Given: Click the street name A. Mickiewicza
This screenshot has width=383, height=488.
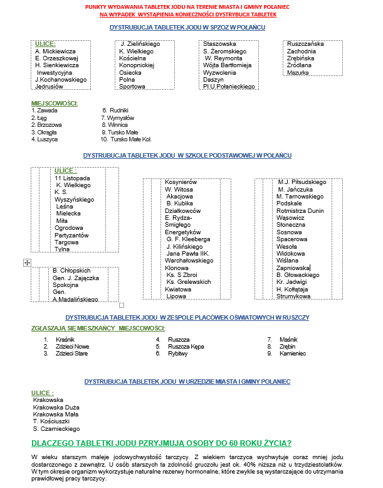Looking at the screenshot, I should (55, 51).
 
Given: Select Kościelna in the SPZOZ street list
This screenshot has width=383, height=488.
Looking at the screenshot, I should (132, 58).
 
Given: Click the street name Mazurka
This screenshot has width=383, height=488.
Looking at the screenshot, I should (298, 72).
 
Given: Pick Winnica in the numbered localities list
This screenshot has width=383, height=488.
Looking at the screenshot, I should (117, 125).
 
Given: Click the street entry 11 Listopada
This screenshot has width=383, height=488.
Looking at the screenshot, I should (72, 178).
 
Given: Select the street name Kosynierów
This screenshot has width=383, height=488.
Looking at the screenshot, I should (181, 182).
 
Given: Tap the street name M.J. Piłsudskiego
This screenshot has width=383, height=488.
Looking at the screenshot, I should (302, 182).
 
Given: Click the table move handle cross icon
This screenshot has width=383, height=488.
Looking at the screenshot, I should (27, 263).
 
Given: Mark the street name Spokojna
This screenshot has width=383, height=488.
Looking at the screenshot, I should (66, 285).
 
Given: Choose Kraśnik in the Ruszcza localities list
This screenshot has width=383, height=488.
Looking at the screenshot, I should (65, 339).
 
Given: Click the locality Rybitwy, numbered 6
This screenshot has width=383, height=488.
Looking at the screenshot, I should (178, 354).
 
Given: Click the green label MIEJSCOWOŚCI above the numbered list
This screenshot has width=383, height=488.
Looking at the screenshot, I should (54, 102).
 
